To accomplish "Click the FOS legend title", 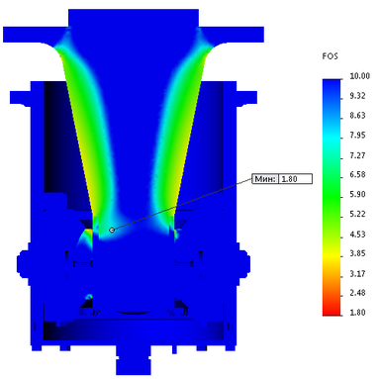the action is [331, 56].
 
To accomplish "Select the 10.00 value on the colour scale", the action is [360, 76].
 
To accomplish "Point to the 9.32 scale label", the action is [357, 96].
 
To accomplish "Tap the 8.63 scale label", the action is [357, 116].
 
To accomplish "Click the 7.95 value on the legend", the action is [357, 136].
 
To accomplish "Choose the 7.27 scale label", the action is [357, 155].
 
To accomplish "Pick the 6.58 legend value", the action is [357, 175].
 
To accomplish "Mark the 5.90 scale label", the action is [357, 194].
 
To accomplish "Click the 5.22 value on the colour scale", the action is [357, 214].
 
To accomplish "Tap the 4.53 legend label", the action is [357, 235].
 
